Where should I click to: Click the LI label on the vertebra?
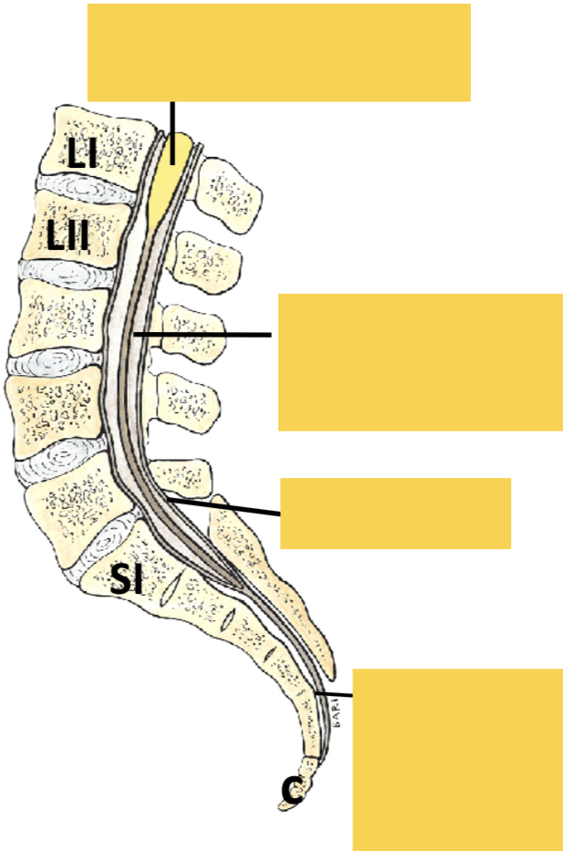[x=82, y=152]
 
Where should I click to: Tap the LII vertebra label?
[x=68, y=239]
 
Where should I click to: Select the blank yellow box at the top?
[x=278, y=52]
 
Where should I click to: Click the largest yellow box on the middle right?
[x=420, y=361]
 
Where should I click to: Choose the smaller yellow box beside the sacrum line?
[x=395, y=513]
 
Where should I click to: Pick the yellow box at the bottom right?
[x=457, y=759]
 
